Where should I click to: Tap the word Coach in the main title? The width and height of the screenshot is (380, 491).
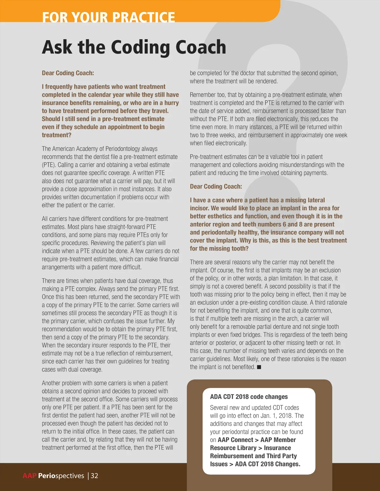coord(200,47)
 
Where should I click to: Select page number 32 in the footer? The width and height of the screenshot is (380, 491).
coord(94,476)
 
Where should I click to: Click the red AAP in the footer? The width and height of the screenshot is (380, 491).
coord(30,476)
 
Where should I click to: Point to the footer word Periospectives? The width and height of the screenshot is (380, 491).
coord(61,476)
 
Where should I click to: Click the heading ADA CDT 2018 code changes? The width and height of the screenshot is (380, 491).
coord(249,397)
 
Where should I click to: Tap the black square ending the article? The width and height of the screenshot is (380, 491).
coord(259,367)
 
